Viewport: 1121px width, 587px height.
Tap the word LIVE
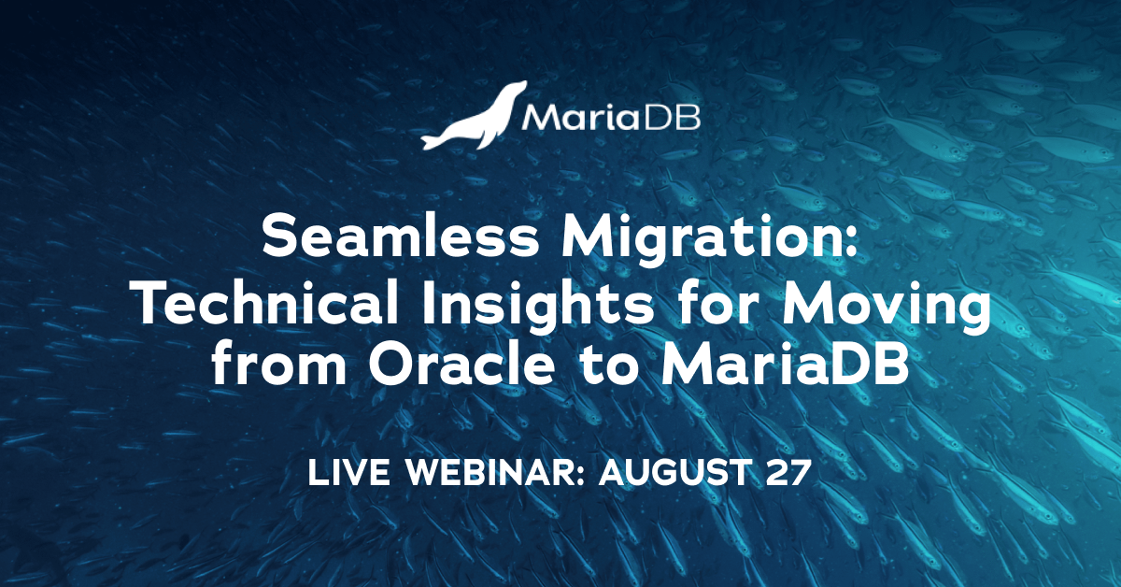coord(348,472)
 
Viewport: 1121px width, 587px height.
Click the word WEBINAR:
coord(494,472)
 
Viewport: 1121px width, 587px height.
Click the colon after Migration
coord(852,242)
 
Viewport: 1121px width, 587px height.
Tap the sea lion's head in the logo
coord(516,89)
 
